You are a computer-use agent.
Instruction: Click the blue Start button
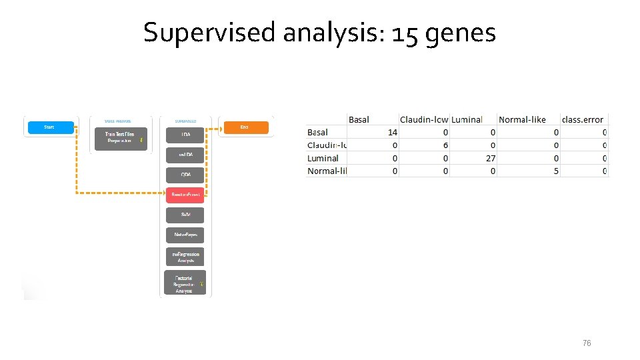coord(49,127)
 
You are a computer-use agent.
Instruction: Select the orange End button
coord(245,127)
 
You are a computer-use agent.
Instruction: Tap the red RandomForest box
coord(185,194)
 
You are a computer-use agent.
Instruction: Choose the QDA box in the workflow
coord(185,175)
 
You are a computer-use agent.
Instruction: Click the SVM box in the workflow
coord(185,215)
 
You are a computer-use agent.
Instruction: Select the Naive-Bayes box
coord(185,235)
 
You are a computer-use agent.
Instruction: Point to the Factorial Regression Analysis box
coord(185,282)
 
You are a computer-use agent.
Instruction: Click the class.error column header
coord(583,119)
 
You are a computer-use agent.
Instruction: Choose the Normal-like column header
coord(522,119)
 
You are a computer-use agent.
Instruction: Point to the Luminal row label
coord(323,158)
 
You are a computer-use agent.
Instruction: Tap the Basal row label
coord(317,133)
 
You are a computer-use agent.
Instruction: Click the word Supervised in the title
coord(209,32)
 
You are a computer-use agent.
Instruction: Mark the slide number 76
coord(587,343)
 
